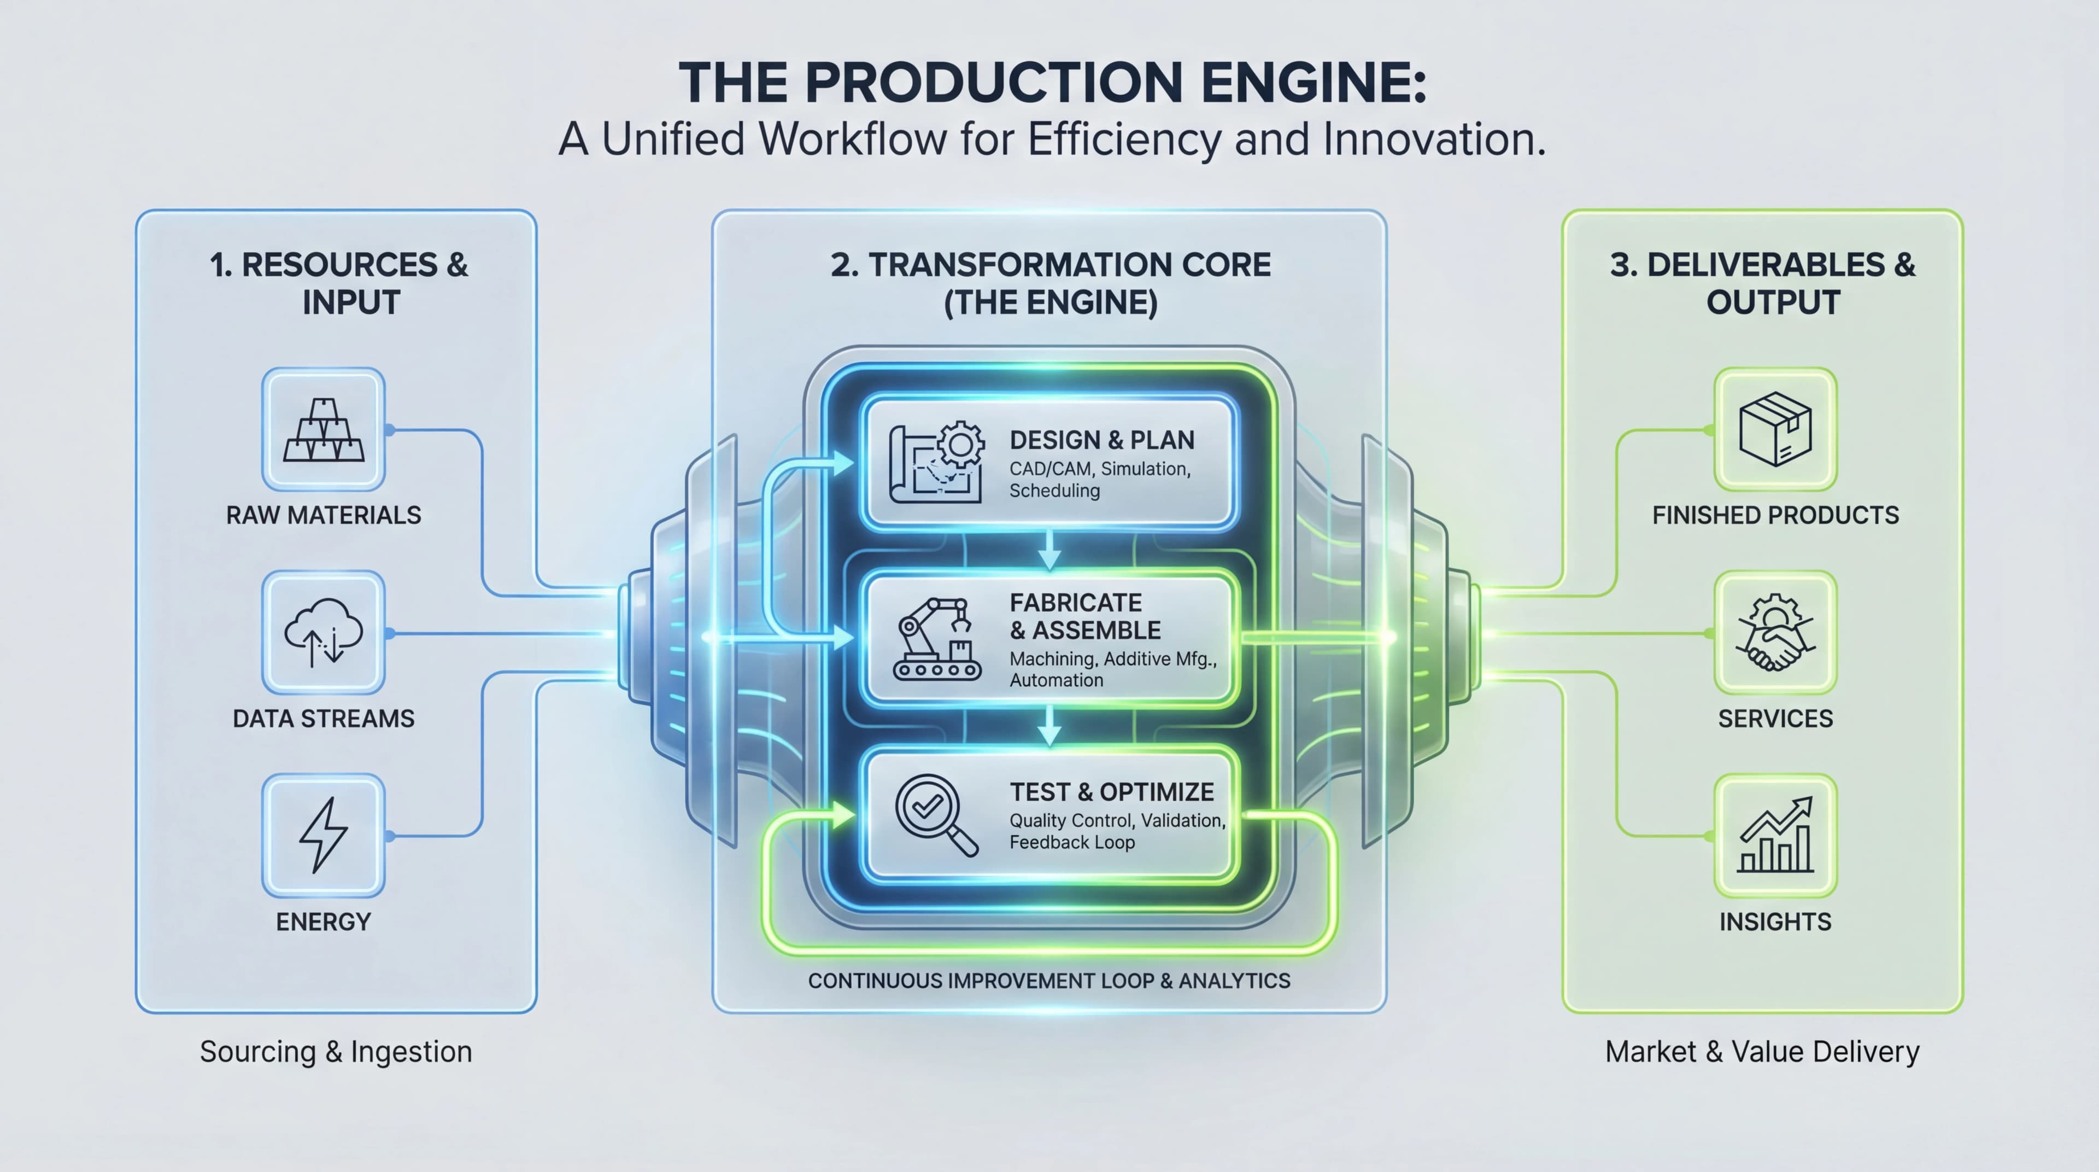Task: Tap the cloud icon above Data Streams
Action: [x=324, y=632]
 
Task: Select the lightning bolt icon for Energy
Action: [x=324, y=836]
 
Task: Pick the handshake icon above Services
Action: [x=1775, y=632]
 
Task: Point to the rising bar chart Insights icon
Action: [x=1775, y=836]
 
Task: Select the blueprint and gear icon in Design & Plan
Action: [x=935, y=462]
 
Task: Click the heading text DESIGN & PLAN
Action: [x=1101, y=440]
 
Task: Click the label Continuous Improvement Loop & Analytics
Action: [x=1049, y=981]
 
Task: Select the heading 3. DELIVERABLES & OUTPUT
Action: [x=1762, y=283]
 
